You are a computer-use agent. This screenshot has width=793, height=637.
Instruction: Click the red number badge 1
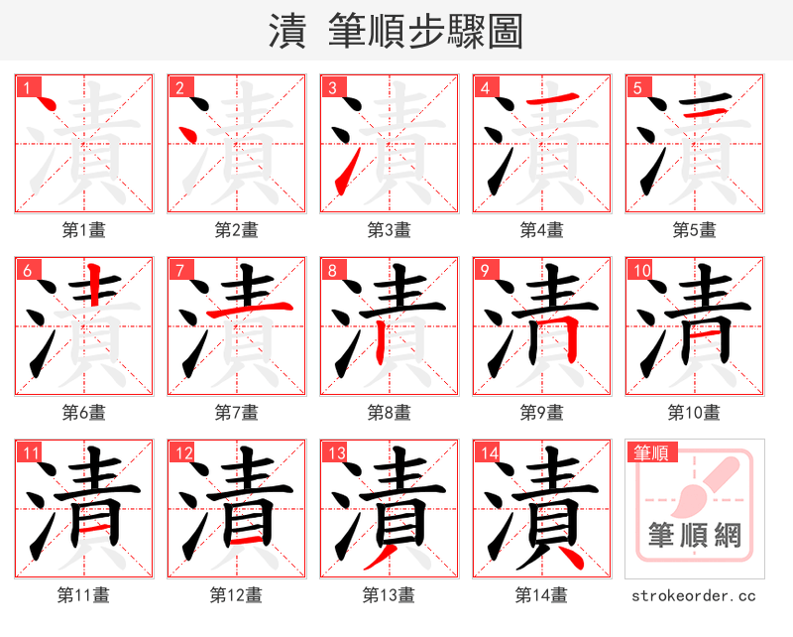pyautogui.click(x=24, y=87)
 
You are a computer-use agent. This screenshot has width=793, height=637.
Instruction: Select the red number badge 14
pyautogui.click(x=486, y=453)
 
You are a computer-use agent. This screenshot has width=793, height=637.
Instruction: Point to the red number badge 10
pyautogui.click(x=639, y=270)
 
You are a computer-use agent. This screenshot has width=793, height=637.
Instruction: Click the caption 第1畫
pyautogui.click(x=84, y=230)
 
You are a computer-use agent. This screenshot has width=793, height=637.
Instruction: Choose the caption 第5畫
pyautogui.click(x=694, y=230)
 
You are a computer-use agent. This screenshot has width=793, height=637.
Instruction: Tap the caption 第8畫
pyautogui.click(x=389, y=412)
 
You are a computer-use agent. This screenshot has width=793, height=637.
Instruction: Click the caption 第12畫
pyautogui.click(x=236, y=595)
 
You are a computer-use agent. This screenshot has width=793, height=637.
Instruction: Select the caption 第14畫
pyautogui.click(x=541, y=595)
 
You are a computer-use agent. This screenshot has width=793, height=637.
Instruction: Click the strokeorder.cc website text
pyautogui.click(x=694, y=595)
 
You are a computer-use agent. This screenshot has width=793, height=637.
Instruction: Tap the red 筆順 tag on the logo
pyautogui.click(x=651, y=453)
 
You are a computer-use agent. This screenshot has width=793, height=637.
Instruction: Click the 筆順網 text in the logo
pyautogui.click(x=694, y=536)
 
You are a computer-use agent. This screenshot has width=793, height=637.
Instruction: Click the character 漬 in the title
pyautogui.click(x=286, y=32)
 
